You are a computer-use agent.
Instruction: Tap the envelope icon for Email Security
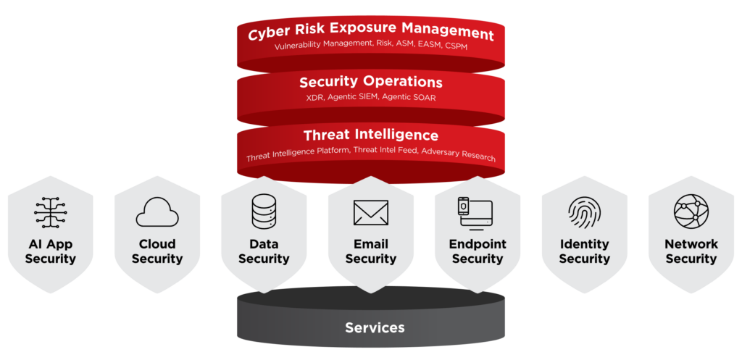(x=371, y=212)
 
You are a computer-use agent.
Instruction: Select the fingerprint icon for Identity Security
(x=584, y=212)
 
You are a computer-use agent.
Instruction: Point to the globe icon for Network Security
(x=691, y=211)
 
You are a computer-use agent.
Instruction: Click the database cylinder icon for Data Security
(x=264, y=211)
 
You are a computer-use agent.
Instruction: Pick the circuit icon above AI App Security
(x=51, y=212)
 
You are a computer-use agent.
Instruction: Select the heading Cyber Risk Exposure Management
(x=371, y=33)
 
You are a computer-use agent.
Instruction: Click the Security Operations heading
(x=371, y=82)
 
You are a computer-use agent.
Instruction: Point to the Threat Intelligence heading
(x=371, y=135)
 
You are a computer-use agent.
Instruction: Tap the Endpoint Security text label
(x=478, y=251)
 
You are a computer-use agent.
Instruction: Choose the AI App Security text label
(x=51, y=251)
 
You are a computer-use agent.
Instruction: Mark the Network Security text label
(x=691, y=251)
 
